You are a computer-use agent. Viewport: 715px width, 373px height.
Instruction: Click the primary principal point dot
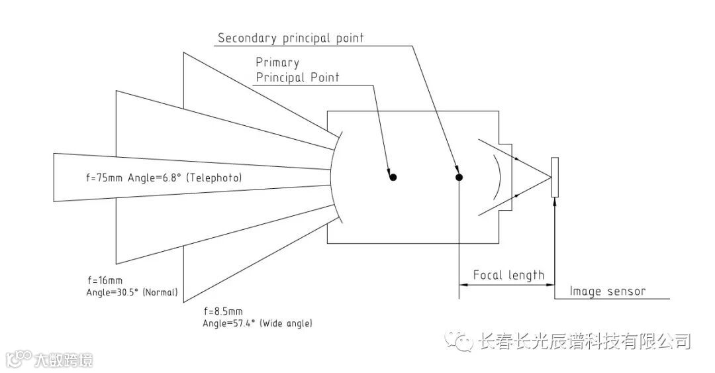coord(393,177)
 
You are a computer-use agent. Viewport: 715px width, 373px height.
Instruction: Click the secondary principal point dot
coord(459,177)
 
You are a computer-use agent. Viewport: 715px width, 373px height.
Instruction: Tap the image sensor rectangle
coord(554,177)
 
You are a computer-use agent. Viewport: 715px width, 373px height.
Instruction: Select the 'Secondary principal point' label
coord(291,38)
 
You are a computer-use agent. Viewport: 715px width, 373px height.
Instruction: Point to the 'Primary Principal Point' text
coord(297,70)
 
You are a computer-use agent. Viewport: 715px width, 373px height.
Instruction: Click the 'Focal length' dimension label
coord(508,275)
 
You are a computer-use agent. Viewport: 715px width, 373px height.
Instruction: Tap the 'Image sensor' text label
coord(607,291)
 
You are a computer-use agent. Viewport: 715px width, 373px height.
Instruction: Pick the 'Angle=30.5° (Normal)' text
coord(132,292)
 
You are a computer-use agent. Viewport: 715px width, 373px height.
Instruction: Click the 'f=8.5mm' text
coord(223,311)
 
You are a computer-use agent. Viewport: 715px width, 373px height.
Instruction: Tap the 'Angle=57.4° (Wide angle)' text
coord(258,323)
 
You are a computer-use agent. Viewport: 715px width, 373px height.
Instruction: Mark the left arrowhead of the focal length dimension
coord(463,285)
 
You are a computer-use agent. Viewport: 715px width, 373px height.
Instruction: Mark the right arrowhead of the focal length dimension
coord(549,285)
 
